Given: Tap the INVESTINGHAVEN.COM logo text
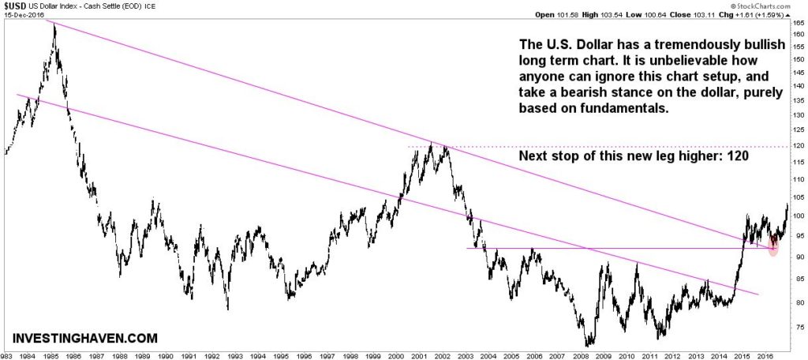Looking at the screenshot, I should [x=84, y=338].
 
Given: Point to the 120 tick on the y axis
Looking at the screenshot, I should [x=799, y=147].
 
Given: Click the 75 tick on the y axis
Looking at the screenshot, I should [x=799, y=328].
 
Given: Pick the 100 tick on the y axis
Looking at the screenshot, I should [x=799, y=216].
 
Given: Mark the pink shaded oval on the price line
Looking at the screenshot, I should [x=773, y=245].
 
